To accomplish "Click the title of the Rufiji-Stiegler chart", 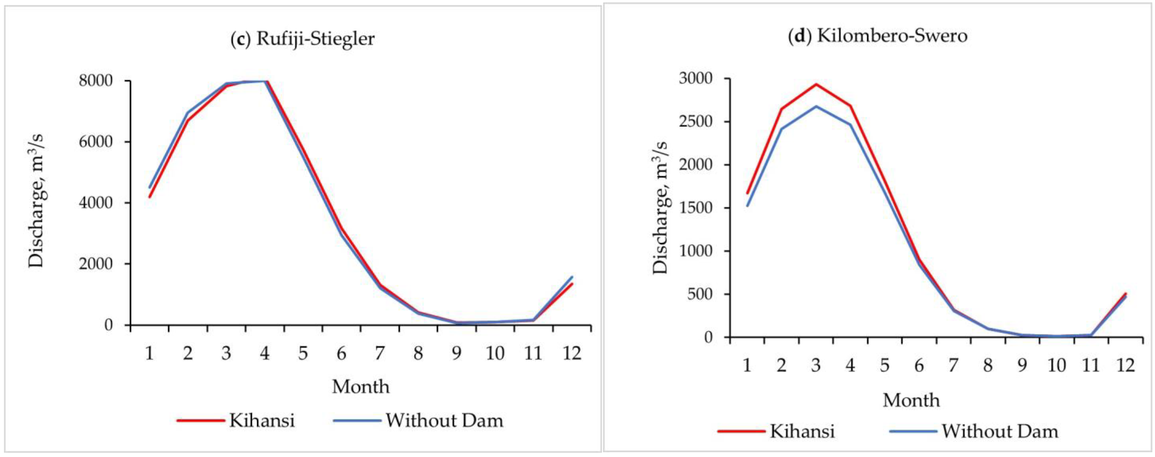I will coord(302,39).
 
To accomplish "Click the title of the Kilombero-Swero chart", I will coord(878,36).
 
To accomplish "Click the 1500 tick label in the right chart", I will coord(695,208).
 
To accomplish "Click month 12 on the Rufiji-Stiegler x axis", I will coord(572,353).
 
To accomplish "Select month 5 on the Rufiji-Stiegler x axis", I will coord(303,353).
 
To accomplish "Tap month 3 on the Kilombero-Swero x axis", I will coord(816,365).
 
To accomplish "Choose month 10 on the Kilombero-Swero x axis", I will coord(1056,365).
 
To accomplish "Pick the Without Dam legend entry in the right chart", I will coord(999,431).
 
